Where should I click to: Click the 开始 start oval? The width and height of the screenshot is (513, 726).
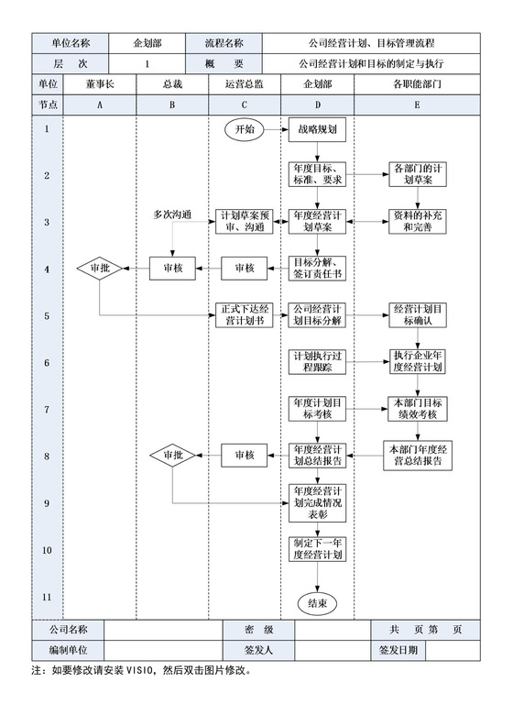pos(246,129)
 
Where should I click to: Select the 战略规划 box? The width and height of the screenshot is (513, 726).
pos(317,129)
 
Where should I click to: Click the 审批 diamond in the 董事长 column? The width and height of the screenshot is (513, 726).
pos(100,269)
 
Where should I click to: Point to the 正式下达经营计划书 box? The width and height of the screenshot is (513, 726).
pos(245,314)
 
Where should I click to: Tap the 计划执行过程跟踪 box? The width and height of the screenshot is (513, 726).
pos(317,361)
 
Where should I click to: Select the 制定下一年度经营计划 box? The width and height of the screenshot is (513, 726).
pos(317,548)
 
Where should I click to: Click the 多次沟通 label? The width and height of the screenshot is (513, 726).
pos(172,214)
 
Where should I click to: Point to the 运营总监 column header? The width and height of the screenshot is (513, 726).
pos(245,83)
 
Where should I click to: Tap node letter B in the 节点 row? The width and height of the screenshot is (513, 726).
pos(172,104)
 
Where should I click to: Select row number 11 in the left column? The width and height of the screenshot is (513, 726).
pos(47,597)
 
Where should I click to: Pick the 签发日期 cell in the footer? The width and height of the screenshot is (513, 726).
pos(398,651)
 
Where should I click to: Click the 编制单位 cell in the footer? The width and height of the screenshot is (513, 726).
pos(70,651)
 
